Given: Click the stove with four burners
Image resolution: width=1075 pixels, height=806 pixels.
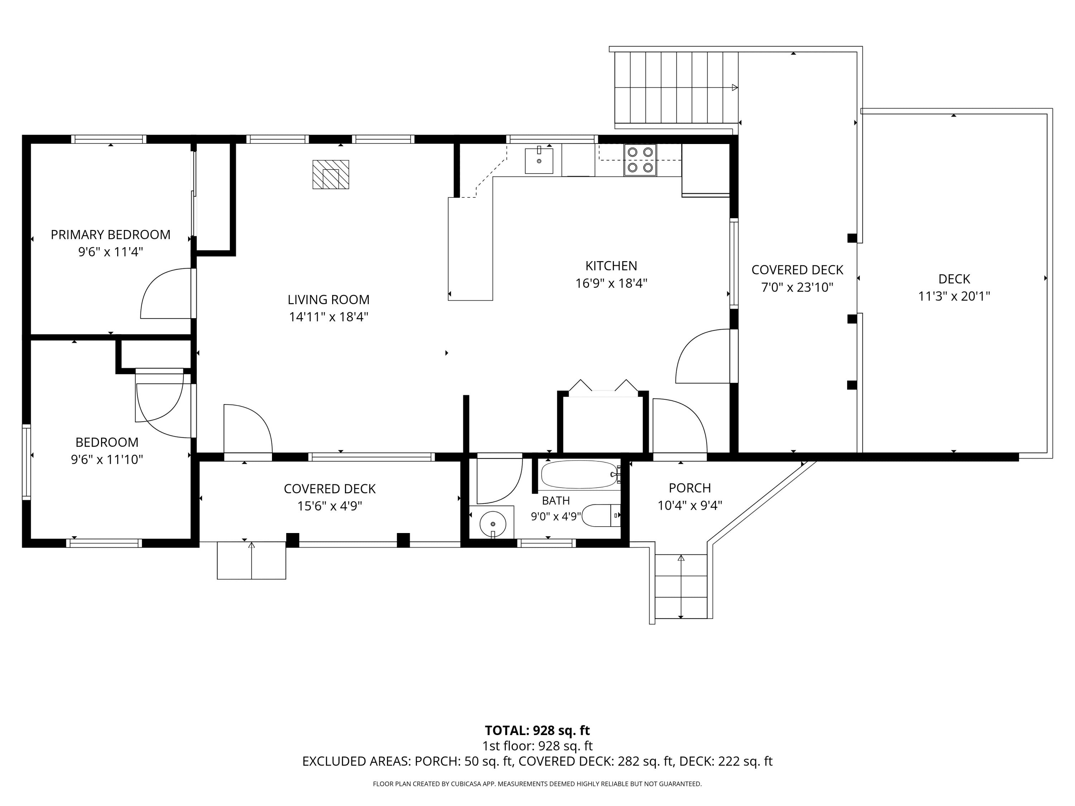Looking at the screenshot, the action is click(640, 160).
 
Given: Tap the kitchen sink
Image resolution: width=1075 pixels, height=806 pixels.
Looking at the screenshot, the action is click(539, 161).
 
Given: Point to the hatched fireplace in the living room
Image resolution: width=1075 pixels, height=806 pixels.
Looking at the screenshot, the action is click(330, 174).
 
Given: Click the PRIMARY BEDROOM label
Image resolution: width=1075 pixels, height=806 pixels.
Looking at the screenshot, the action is click(111, 235).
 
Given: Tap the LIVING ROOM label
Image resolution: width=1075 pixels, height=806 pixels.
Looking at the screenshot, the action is click(329, 300).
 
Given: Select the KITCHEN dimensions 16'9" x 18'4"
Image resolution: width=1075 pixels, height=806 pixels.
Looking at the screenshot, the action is click(611, 283).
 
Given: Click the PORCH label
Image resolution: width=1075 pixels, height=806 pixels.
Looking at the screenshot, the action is click(690, 488).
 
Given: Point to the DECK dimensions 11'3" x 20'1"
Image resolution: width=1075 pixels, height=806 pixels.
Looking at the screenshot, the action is click(954, 296).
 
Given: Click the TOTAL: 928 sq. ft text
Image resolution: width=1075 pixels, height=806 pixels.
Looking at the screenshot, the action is click(537, 730).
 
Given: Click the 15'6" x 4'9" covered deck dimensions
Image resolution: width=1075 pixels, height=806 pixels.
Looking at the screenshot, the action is click(330, 506).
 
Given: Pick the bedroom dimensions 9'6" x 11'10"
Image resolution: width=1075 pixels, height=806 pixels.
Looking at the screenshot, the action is click(107, 460).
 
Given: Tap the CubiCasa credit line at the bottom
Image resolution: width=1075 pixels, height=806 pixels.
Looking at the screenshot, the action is click(537, 784).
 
